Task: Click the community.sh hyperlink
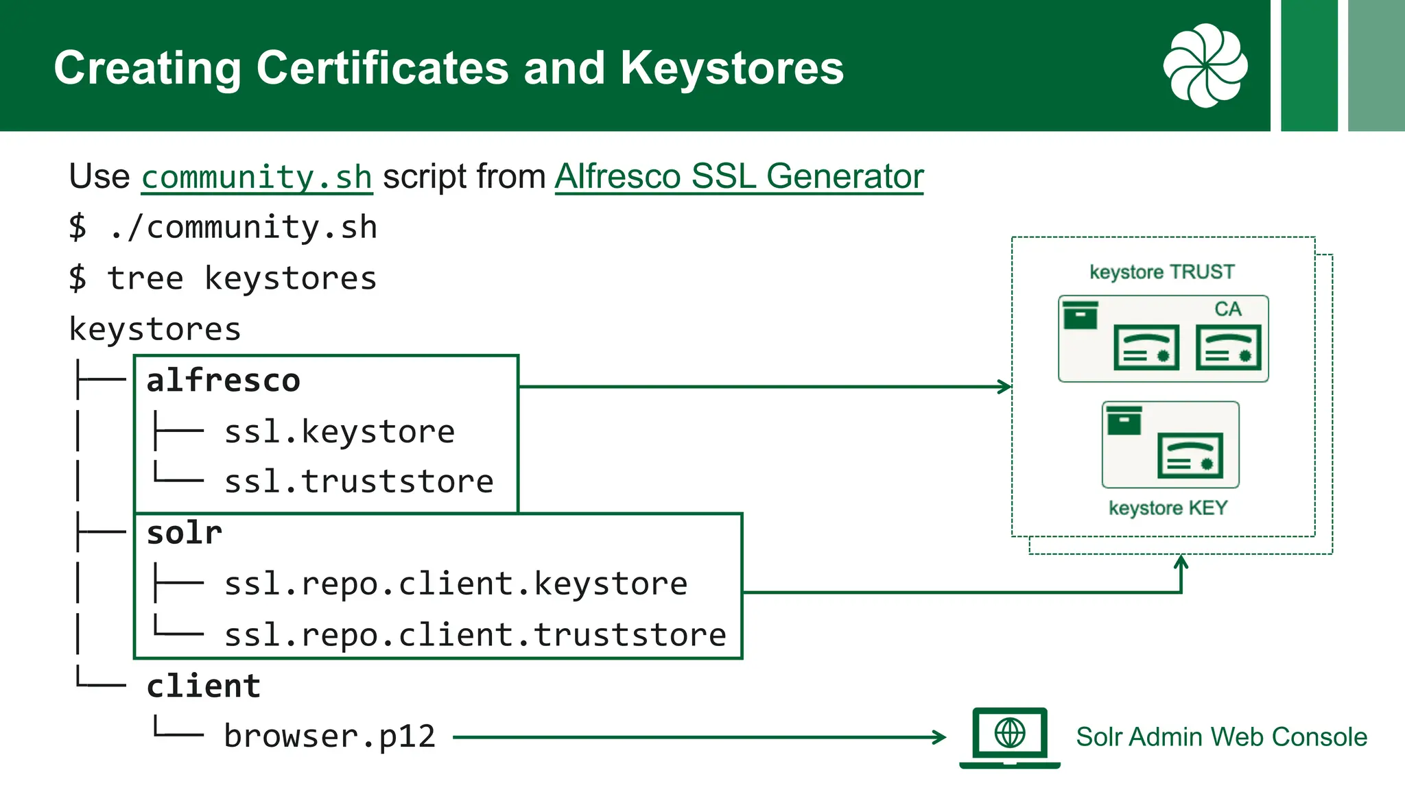point(257,178)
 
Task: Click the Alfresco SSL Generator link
point(739,176)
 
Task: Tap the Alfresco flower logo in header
point(1205,66)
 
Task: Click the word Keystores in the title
point(732,68)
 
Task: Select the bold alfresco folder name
point(223,381)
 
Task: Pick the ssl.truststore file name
point(359,481)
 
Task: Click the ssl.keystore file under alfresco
point(340,432)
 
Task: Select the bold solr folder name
point(185,533)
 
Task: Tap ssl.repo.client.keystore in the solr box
point(456,584)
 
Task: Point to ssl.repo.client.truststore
point(475,635)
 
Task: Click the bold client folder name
point(204,686)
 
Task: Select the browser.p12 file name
point(330,737)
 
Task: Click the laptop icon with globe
point(1010,737)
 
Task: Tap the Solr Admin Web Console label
point(1221,737)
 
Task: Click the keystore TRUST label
point(1161,272)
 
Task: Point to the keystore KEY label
point(1168,508)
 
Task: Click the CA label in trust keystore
point(1227,309)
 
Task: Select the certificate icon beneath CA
point(1228,348)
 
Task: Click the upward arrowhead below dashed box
point(1181,562)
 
